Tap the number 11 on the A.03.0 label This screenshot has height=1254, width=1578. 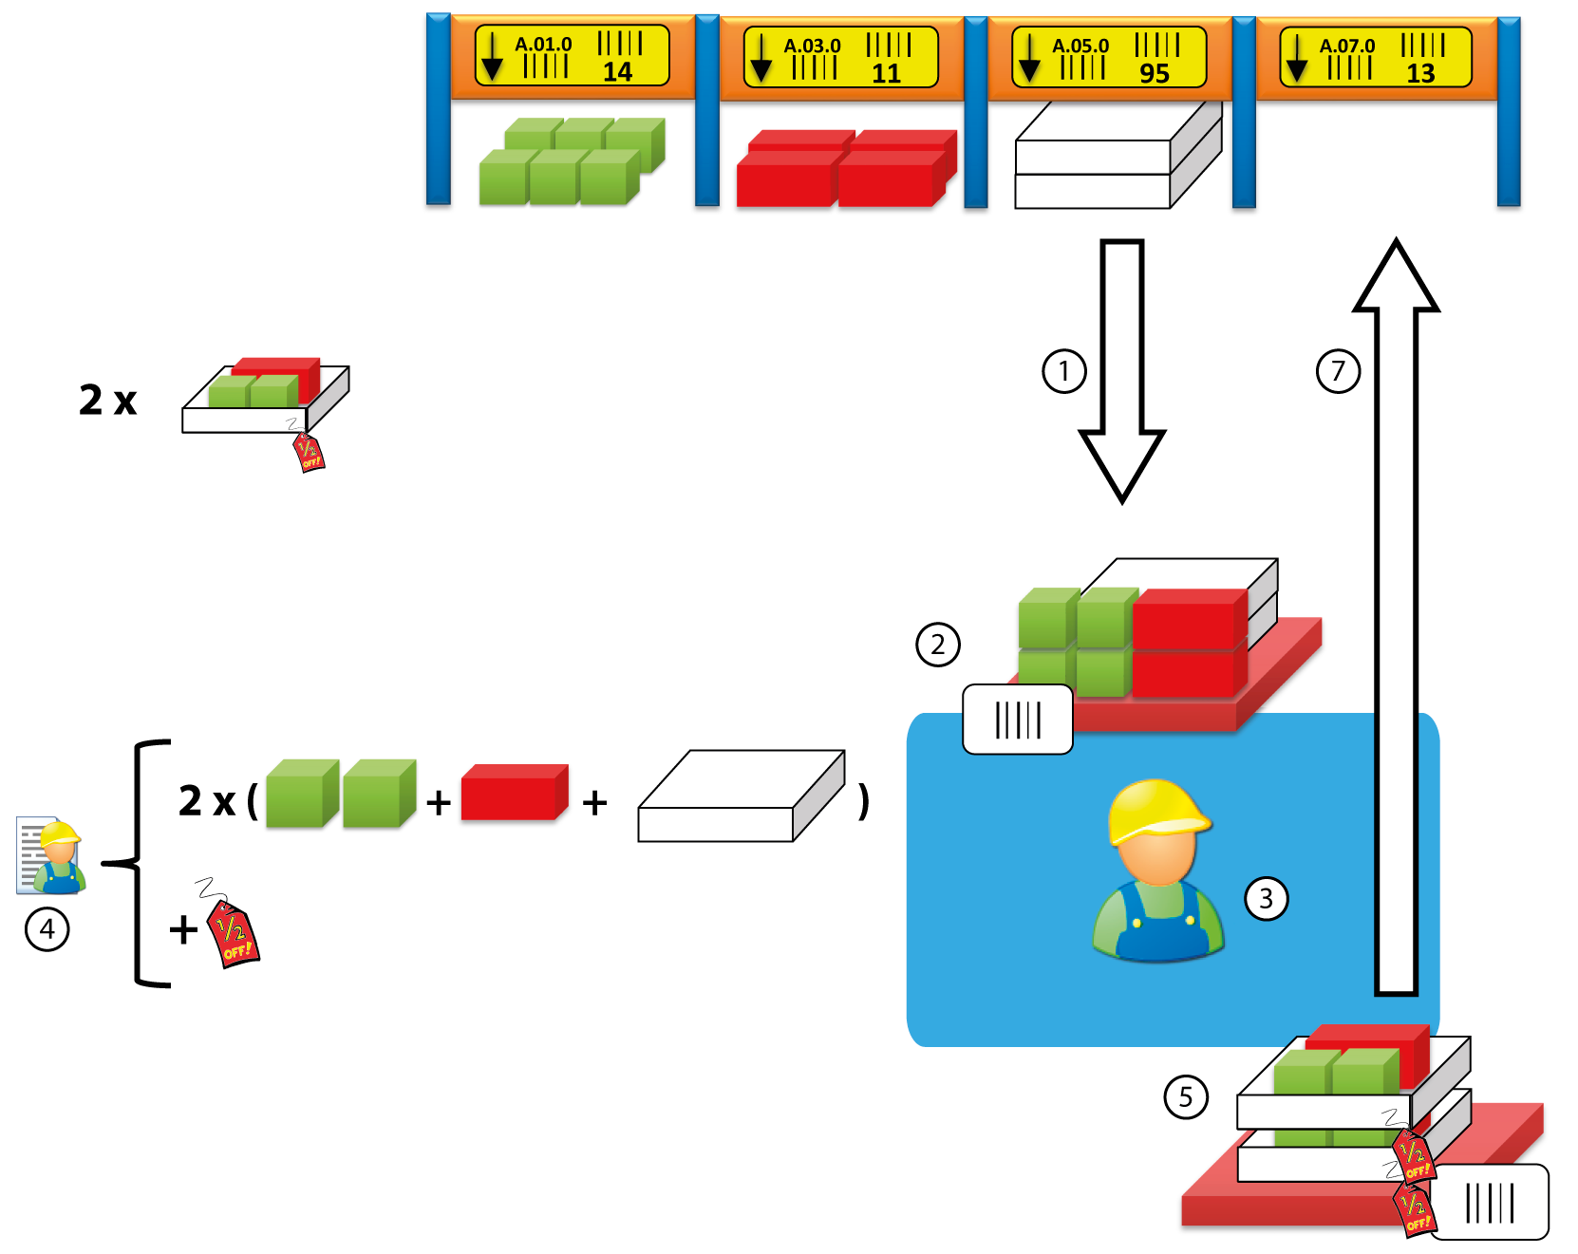[x=886, y=74]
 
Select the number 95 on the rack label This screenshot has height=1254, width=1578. [x=1155, y=74]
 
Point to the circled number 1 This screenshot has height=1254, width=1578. [x=1063, y=371]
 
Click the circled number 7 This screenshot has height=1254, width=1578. [x=1338, y=371]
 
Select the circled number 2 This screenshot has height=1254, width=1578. [x=938, y=646]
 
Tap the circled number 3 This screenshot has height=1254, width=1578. [x=1266, y=898]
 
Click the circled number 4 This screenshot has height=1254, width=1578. [x=47, y=929]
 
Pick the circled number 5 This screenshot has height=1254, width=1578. [x=1186, y=1097]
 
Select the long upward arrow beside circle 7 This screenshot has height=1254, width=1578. [x=1397, y=617]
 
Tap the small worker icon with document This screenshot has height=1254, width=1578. [x=52, y=855]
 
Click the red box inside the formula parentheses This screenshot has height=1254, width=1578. [x=514, y=793]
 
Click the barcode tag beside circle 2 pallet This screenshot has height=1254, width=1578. [x=1018, y=720]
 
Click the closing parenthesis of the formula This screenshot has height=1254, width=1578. [x=863, y=801]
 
